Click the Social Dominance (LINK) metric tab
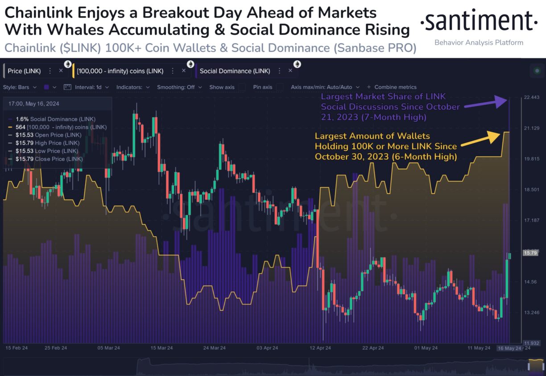pos(235,71)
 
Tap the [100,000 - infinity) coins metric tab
pos(120,71)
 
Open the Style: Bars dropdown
pos(20,87)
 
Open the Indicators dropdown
pos(133,87)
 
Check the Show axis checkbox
pos(242,87)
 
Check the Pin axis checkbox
pos(280,87)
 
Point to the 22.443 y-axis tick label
pos(531,98)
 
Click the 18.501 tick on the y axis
pos(531,190)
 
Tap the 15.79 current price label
pos(529,253)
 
